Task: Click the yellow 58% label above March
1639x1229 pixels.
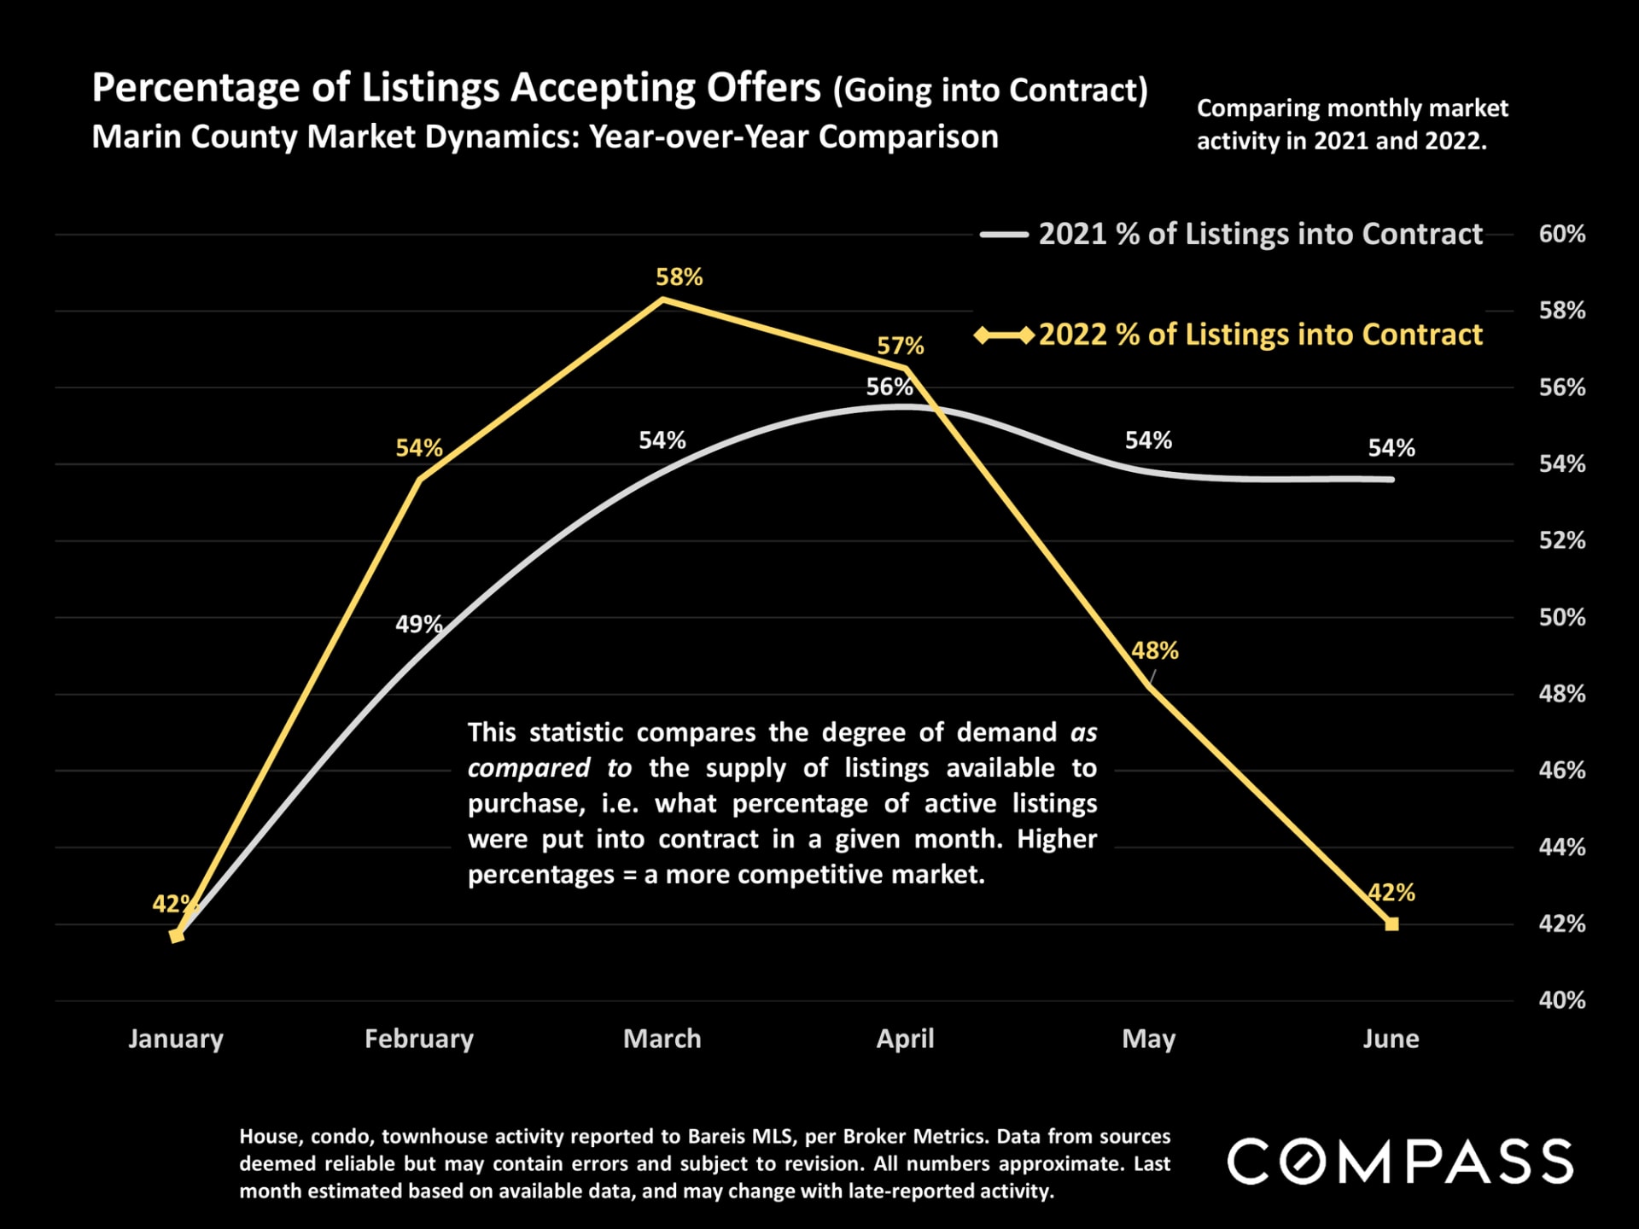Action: pyautogui.click(x=679, y=277)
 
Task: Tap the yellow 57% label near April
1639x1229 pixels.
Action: pyautogui.click(x=901, y=346)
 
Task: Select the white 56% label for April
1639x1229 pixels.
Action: pyautogui.click(x=889, y=387)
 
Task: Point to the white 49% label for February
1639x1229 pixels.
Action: pyautogui.click(x=418, y=624)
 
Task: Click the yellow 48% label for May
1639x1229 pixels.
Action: pyautogui.click(x=1154, y=650)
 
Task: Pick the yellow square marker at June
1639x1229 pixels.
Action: pyautogui.click(x=1392, y=923)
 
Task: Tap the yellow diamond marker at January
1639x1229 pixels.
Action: pyautogui.click(x=177, y=935)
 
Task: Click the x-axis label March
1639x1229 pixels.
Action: pyautogui.click(x=662, y=1039)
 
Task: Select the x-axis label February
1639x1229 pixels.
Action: pyautogui.click(x=418, y=1039)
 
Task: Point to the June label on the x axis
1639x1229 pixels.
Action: pyautogui.click(x=1391, y=1039)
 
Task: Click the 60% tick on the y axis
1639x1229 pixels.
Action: pyautogui.click(x=1561, y=234)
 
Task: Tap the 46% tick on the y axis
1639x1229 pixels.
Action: pyautogui.click(x=1561, y=770)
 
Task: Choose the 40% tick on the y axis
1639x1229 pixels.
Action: pyautogui.click(x=1561, y=999)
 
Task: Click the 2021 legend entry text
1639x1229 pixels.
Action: pyautogui.click(x=1260, y=234)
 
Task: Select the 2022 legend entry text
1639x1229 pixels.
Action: pyautogui.click(x=1260, y=335)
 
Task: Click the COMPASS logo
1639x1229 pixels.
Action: pyautogui.click(x=1400, y=1162)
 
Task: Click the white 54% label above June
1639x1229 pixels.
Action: pyautogui.click(x=1391, y=447)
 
